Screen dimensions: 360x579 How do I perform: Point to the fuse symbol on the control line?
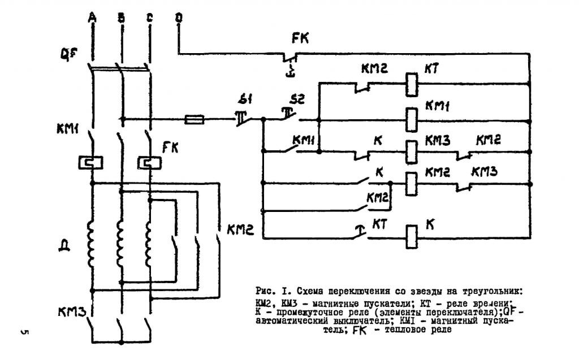click(195, 119)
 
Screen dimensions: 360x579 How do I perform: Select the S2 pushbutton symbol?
click(289, 116)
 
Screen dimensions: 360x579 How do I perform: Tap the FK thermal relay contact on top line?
click(289, 58)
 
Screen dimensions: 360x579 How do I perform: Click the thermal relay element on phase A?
click(91, 163)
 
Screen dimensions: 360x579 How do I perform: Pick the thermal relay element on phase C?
click(150, 163)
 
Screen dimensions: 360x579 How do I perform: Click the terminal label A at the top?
click(92, 19)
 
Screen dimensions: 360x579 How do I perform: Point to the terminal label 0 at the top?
click(179, 19)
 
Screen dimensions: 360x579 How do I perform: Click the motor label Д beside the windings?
click(64, 246)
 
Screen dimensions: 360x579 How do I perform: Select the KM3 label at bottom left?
click(70, 311)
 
